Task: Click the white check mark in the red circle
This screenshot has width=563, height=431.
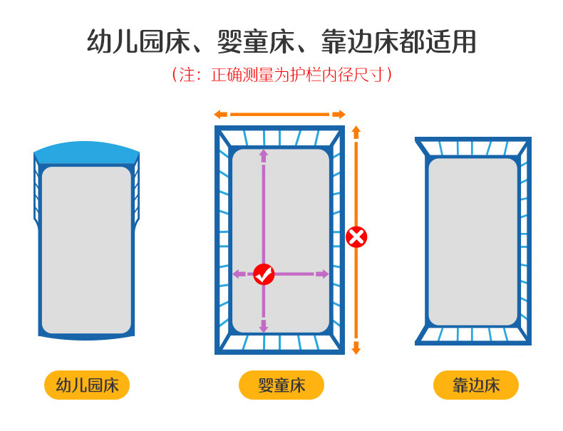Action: coord(264,274)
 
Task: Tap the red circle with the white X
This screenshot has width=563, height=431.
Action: coord(356,237)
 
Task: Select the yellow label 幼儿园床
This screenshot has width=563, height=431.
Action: coord(87,386)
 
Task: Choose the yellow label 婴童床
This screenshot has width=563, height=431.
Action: coord(281,386)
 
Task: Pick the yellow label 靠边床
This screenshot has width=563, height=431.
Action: coord(476,386)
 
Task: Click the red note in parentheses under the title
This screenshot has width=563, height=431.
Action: coord(281,75)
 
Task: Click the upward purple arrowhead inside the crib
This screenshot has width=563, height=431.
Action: coord(263,154)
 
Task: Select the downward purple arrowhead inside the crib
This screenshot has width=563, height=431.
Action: coord(263,327)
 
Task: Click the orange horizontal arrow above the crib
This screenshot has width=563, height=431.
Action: coord(280,114)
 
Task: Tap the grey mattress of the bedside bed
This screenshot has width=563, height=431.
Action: coord(472,241)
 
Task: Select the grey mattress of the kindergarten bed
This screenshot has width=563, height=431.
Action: coord(86,249)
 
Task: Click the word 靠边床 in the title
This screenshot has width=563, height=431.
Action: coord(361,41)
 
